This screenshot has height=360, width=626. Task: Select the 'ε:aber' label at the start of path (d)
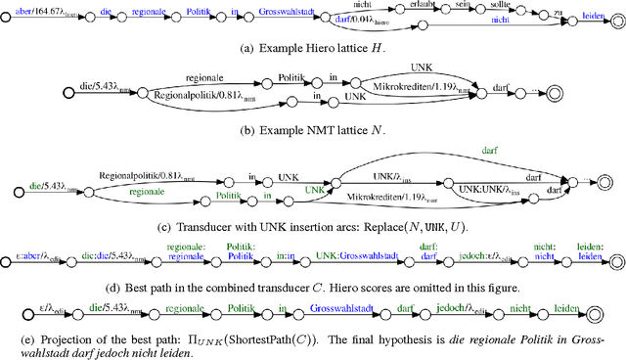pos(35,253)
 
